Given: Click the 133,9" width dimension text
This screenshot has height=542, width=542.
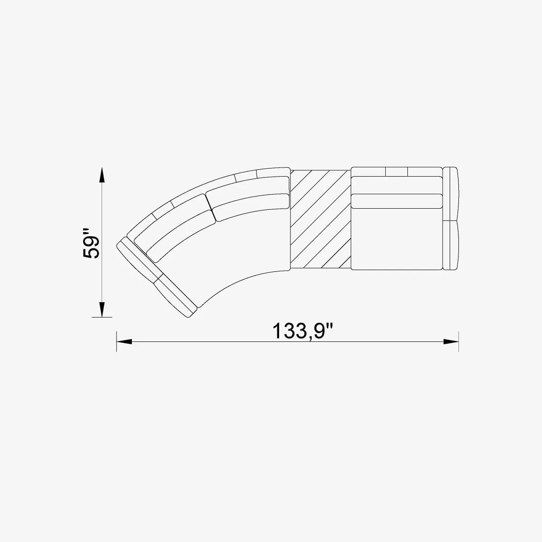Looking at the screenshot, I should point(303,331).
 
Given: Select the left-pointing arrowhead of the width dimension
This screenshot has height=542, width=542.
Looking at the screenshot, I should point(124,342).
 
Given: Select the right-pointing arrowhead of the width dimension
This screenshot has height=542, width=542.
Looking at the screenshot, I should point(451,342).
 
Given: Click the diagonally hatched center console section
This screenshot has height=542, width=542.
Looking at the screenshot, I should point(320,219).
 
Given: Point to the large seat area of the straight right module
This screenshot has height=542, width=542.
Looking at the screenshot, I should point(397,239).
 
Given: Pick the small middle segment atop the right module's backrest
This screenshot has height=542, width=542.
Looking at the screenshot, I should point(397,172).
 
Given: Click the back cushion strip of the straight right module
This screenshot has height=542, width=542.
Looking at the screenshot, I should point(397,201).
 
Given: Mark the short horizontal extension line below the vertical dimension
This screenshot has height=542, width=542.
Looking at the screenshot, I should point(102,318).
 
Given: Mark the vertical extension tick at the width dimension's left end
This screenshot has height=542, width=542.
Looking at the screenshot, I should point(117,341).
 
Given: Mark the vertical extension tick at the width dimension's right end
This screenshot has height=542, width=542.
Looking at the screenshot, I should point(459,341).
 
